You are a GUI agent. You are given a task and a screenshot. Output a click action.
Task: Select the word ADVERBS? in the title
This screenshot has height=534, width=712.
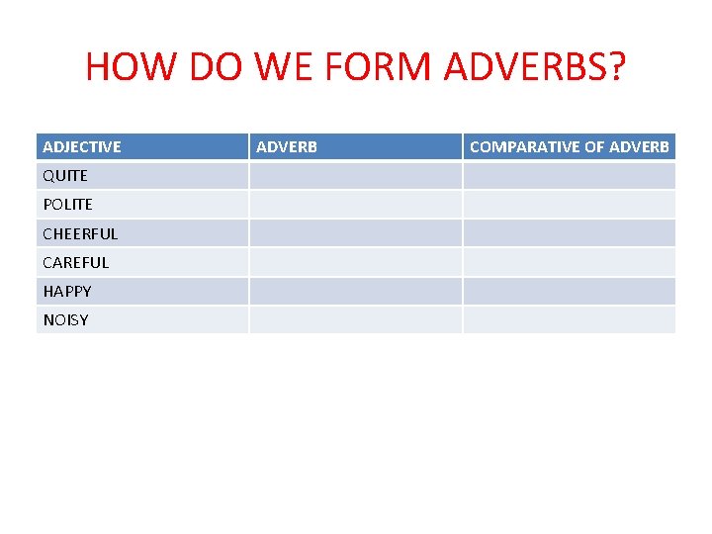point(535,68)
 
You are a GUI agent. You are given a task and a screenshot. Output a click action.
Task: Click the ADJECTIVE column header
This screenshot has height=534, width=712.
point(82,146)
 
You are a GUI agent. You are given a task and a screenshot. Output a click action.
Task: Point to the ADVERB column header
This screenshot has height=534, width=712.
point(287,146)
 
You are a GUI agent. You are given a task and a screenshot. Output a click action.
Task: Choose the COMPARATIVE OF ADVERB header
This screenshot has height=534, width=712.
point(569,146)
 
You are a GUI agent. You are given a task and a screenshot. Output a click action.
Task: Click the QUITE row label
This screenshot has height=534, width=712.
point(65,175)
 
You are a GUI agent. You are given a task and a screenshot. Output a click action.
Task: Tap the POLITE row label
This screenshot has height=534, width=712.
point(67,204)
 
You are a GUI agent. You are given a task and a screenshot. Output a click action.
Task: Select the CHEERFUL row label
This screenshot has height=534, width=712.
point(80,233)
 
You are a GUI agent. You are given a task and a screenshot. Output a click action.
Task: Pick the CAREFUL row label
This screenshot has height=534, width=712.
point(76,262)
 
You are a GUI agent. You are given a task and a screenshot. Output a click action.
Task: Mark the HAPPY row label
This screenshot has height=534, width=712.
point(67,291)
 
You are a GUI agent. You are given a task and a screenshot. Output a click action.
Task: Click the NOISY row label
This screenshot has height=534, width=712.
point(65,319)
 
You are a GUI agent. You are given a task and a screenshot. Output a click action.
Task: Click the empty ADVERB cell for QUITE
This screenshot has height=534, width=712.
point(355,175)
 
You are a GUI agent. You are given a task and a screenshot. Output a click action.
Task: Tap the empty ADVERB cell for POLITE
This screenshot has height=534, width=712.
point(355,204)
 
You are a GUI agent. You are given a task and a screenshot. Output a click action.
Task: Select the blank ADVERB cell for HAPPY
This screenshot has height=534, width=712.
point(355,291)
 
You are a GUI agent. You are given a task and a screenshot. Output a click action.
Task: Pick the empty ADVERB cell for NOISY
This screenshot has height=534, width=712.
point(355,319)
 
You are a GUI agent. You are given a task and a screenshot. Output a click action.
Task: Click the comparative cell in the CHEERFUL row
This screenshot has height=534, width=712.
point(569,233)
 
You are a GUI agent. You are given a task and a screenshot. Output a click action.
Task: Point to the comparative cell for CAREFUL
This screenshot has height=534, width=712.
point(569,262)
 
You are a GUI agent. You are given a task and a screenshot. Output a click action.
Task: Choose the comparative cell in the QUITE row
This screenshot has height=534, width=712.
point(569,175)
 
